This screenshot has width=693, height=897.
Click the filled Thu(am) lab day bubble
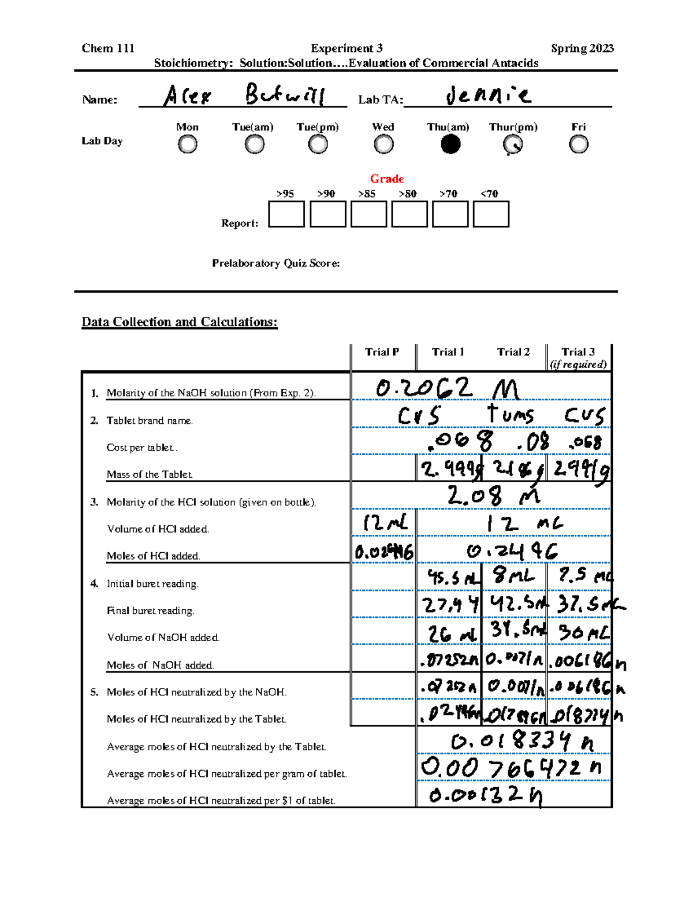point(450,144)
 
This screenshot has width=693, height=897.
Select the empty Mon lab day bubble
point(187,144)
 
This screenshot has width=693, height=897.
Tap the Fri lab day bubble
point(578,144)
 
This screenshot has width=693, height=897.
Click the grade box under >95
point(286,214)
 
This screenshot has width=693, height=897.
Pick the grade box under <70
point(491,214)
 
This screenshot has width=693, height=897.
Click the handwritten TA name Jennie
point(488,95)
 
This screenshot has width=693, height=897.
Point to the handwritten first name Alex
point(187,96)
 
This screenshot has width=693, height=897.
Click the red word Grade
point(387,178)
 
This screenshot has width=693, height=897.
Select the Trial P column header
point(382,352)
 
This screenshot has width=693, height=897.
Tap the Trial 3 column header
point(578,352)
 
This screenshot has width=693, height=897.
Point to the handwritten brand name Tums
point(511,414)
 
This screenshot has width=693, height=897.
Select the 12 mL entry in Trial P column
point(385,523)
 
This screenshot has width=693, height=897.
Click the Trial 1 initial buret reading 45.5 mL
point(452,576)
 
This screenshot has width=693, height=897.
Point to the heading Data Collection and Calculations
point(180,322)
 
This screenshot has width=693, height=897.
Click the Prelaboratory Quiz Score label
point(275,263)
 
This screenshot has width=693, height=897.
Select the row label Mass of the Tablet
point(150,474)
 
